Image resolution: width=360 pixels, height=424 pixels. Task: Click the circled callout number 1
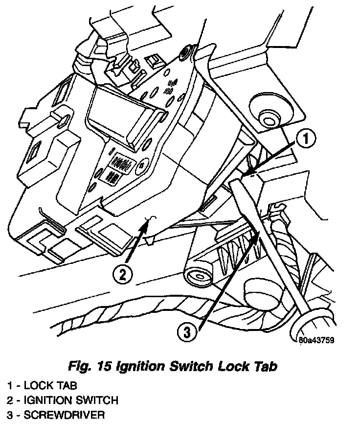[305, 141]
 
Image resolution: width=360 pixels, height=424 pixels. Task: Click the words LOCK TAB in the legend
[49, 386]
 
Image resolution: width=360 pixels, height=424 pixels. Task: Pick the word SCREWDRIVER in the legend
[64, 415]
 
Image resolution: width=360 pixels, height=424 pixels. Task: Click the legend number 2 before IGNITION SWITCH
[10, 400]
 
